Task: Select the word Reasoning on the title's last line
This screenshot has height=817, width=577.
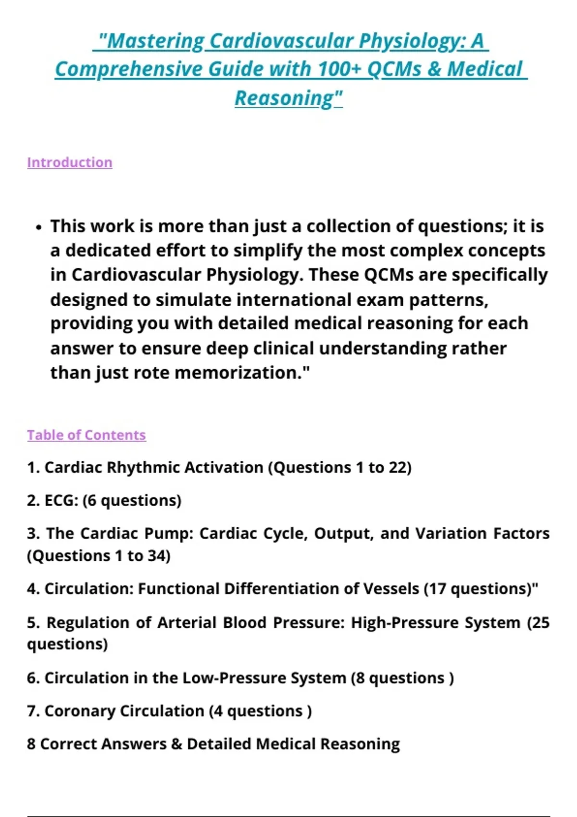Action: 284,98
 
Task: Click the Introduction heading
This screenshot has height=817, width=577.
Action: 70,162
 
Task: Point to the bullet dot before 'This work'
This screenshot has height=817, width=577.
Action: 39,227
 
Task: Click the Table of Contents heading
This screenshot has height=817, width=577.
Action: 87,435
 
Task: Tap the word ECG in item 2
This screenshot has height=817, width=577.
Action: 61,501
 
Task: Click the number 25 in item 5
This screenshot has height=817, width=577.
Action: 540,623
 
